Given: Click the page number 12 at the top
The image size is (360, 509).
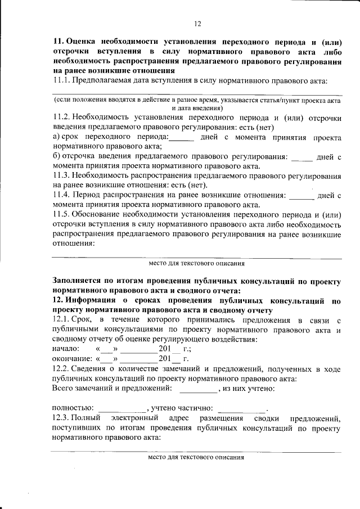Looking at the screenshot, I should (x=197, y=23).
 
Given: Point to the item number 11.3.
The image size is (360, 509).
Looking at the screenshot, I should (x=61, y=176).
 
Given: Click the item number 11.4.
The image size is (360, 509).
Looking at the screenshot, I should (x=61, y=195).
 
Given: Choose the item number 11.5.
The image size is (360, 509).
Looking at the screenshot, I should (x=61, y=214).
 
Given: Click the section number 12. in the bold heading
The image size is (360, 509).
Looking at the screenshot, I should (x=58, y=300).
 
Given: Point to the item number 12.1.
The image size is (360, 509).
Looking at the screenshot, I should (x=61, y=319).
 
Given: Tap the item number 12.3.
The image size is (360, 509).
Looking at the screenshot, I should (x=61, y=419).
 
